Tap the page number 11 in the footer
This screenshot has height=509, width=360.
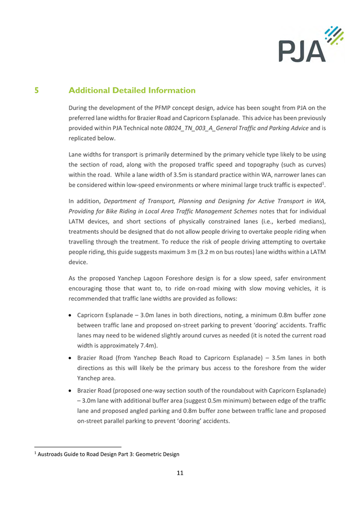[x=180, y=473]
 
